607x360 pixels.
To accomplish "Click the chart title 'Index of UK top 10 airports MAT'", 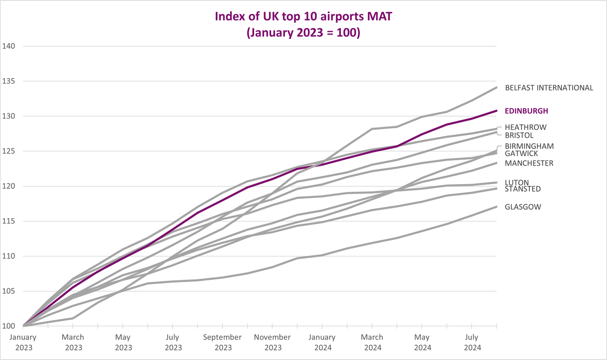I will (303, 17).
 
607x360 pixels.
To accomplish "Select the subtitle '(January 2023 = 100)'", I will (303, 34).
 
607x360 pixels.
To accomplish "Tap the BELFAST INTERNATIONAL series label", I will (549, 88).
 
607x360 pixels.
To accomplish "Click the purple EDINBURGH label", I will (526, 111).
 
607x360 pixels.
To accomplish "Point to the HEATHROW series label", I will (525, 128).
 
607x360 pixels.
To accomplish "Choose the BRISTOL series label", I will (519, 135).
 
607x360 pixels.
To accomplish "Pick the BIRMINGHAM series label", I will (529, 146).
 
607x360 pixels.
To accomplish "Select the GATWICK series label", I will (521, 154).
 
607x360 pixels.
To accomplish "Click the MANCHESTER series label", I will (529, 163).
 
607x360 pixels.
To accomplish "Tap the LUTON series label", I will (516, 183).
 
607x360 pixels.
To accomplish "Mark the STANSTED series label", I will (523, 189).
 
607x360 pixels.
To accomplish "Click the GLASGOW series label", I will (523, 207).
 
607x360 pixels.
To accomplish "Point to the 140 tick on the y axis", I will (9, 46).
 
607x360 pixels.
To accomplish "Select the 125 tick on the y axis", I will (9, 151).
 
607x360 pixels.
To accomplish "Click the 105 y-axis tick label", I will (9, 291).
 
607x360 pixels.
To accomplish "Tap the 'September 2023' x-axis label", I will (222, 342).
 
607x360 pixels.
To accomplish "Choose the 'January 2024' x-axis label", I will (322, 342).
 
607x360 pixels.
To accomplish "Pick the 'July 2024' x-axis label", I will (471, 342).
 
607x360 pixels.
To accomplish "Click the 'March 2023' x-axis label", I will (73, 342).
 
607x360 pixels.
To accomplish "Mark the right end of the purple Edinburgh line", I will (497, 111).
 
